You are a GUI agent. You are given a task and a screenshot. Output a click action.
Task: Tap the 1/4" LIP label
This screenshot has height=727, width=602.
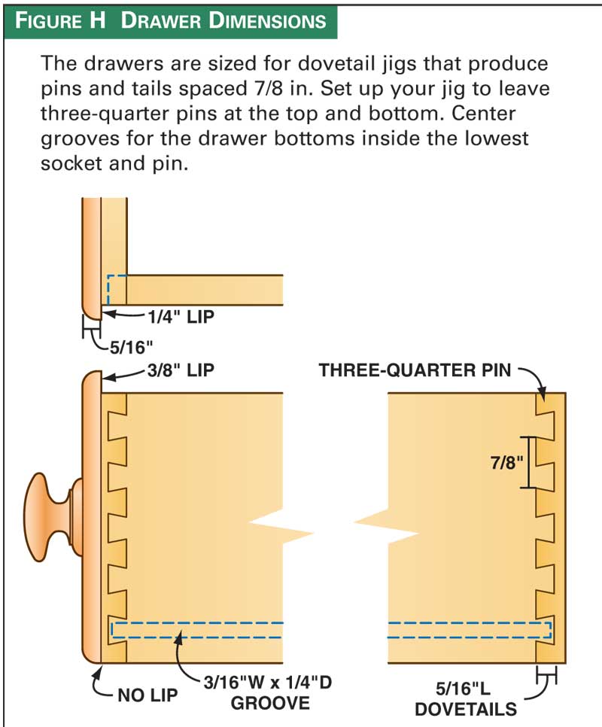point(181,317)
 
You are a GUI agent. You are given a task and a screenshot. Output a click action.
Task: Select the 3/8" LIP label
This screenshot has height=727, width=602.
point(181,370)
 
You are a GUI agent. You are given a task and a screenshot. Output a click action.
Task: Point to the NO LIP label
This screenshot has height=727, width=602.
point(147,695)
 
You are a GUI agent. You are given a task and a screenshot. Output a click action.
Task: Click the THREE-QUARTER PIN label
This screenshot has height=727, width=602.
point(415,370)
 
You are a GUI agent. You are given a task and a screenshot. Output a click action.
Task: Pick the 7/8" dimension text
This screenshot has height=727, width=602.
point(507,462)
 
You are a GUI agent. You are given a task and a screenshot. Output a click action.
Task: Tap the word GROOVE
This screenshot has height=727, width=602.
point(270,704)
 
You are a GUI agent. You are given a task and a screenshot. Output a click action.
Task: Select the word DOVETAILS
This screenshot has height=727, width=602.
point(466,710)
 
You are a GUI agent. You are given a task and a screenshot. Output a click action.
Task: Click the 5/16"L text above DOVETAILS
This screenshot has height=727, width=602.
point(463,689)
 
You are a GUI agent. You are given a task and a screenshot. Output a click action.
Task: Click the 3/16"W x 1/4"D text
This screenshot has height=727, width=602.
point(268,683)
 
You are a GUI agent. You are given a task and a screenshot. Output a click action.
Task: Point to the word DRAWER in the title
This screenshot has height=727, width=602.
point(161,21)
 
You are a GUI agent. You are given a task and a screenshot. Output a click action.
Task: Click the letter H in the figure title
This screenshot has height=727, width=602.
point(97,20)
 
